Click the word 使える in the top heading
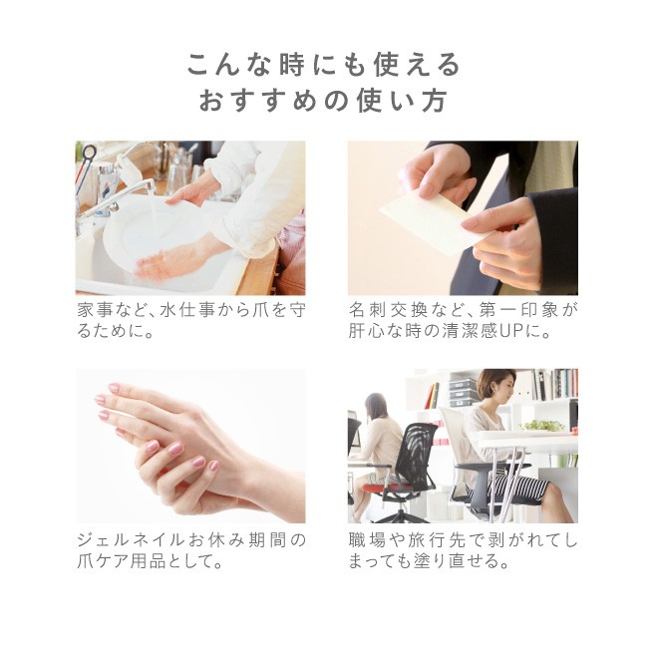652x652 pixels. tap(417, 65)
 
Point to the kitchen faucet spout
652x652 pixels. tap(117, 196)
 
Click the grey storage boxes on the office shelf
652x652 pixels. tap(463, 392)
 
